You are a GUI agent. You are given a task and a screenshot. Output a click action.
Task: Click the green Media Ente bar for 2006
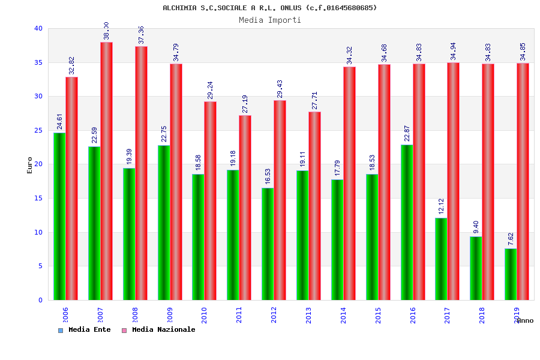(x=59, y=216)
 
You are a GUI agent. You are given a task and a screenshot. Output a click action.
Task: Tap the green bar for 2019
(x=511, y=274)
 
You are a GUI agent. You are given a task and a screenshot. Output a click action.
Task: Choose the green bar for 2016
(x=407, y=222)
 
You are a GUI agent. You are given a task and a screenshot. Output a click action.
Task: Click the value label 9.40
(x=476, y=227)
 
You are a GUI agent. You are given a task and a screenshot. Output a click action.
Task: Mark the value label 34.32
(x=349, y=55)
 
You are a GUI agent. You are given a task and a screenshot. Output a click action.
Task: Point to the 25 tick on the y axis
(x=38, y=130)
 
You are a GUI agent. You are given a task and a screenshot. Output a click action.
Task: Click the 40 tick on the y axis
(x=38, y=28)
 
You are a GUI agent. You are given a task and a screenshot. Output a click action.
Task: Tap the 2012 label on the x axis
(x=274, y=315)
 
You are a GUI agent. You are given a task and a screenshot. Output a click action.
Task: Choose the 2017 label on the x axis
(x=448, y=315)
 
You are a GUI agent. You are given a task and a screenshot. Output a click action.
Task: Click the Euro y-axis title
(x=30, y=165)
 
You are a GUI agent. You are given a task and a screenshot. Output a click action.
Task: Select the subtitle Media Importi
(x=270, y=20)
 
